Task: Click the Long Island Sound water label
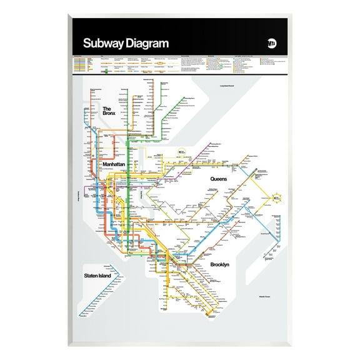tap(229, 86)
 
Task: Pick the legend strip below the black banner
tap(180, 64)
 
